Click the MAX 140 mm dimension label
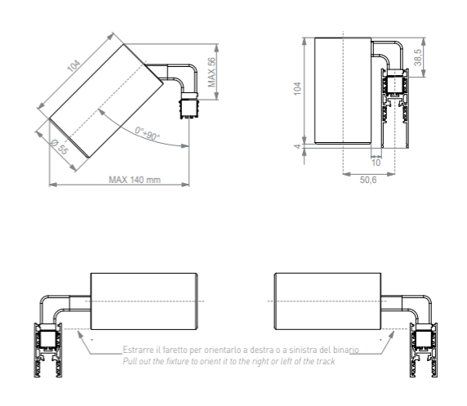(135, 180)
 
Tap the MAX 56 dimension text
(211, 72)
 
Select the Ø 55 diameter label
(60, 147)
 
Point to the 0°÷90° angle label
(147, 133)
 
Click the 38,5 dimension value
(418, 57)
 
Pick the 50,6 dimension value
(368, 180)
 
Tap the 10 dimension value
(376, 163)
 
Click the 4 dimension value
(297, 146)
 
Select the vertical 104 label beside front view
(297, 89)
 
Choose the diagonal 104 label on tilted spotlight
(73, 66)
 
